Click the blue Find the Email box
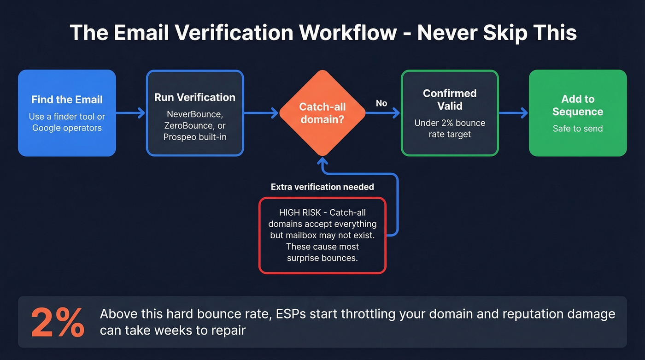[x=67, y=113]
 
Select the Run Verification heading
[x=194, y=97]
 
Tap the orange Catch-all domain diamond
[x=322, y=113]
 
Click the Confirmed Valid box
[x=450, y=113]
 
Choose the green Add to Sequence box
[x=578, y=113]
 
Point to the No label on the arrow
[x=381, y=103]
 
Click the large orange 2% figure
[x=58, y=321]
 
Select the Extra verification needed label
[x=322, y=187]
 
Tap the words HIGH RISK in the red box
[x=298, y=212]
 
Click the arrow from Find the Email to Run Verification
[x=131, y=113]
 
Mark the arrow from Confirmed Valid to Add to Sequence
[x=513, y=113]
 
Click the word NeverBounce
[x=194, y=113]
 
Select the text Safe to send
[x=578, y=129]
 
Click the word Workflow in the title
[x=346, y=33]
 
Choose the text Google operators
[x=67, y=128]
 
